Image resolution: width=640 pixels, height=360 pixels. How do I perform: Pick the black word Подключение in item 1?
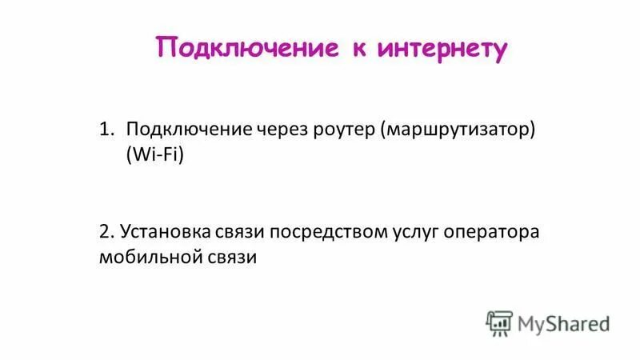pos(189,130)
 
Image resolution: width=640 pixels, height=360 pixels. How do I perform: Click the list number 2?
pos(106,231)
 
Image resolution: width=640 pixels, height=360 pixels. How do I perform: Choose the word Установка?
pos(166,231)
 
